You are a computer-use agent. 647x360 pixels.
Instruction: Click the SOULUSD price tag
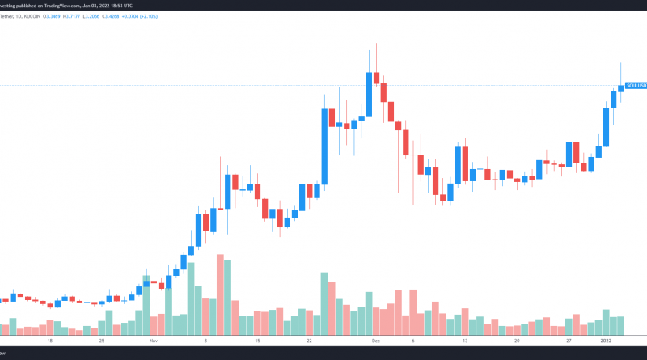(636, 85)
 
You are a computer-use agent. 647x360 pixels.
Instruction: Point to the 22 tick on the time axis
(310, 341)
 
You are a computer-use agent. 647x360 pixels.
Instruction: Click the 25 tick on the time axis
(102, 341)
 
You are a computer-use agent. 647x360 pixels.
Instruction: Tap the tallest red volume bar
(220, 294)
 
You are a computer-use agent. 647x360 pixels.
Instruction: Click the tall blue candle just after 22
(324, 146)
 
